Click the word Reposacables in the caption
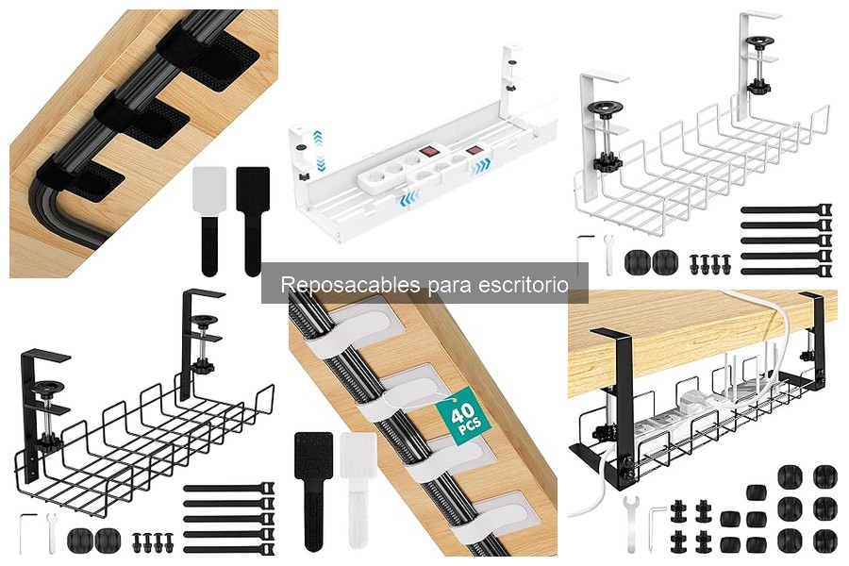350,284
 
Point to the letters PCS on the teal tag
470,425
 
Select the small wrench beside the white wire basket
608,254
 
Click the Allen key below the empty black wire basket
26,533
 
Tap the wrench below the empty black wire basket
52,534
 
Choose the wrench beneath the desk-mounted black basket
630,523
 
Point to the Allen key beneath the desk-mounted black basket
656,528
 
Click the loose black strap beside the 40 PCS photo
313,491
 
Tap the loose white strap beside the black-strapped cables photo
209,220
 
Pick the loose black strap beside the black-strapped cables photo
252,220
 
